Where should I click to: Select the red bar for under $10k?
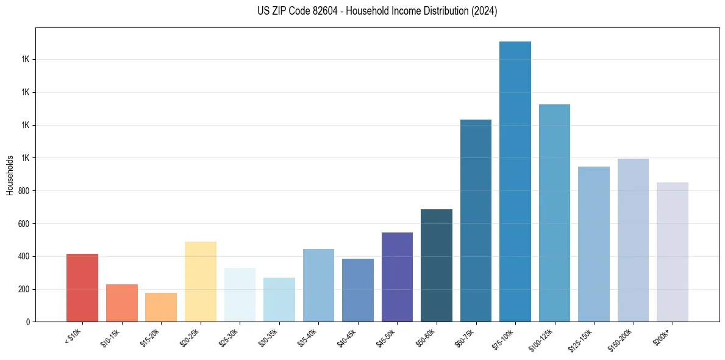[82, 287]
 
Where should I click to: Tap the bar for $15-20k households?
[161, 307]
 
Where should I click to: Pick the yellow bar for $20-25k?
[201, 281]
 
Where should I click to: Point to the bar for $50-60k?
[437, 265]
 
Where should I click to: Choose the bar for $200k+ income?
[673, 252]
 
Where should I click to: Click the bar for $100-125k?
[554, 213]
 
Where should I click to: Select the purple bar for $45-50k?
[397, 277]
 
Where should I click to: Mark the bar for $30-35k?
[279, 300]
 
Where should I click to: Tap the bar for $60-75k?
[476, 220]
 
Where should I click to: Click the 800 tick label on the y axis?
[23, 191]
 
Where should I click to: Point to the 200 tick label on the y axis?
[23, 289]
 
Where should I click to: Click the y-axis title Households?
[10, 175]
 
